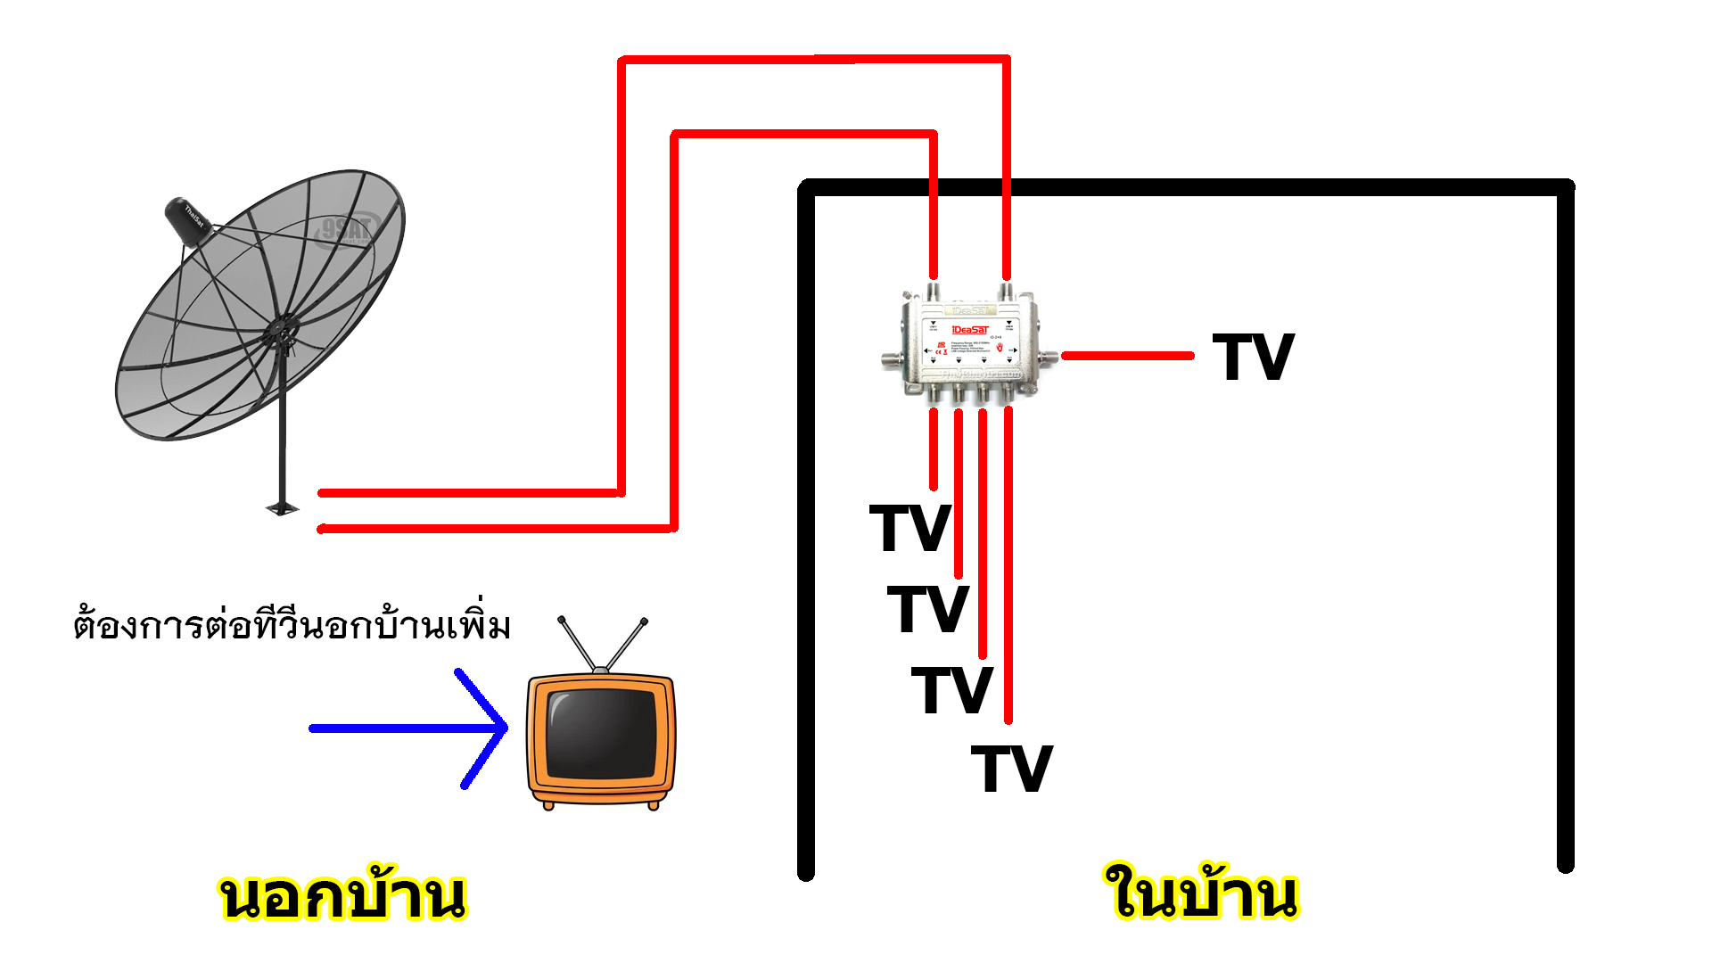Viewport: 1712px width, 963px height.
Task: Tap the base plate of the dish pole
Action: point(283,509)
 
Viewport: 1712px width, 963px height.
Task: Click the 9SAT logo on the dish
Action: point(347,230)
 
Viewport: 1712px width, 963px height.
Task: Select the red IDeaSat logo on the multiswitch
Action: point(970,330)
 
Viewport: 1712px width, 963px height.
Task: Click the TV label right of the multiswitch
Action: point(1253,358)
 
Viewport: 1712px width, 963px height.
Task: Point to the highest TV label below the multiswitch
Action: point(909,528)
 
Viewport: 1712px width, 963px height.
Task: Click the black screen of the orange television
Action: point(600,733)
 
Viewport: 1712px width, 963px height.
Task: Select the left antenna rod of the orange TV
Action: point(577,644)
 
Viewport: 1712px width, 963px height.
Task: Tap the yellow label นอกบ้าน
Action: point(342,896)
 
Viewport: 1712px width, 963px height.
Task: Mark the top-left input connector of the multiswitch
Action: point(934,292)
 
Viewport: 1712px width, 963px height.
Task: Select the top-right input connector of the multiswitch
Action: point(1007,292)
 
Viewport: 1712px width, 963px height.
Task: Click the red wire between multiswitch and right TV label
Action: point(1128,356)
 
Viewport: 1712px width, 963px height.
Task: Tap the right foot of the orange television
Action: point(654,805)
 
